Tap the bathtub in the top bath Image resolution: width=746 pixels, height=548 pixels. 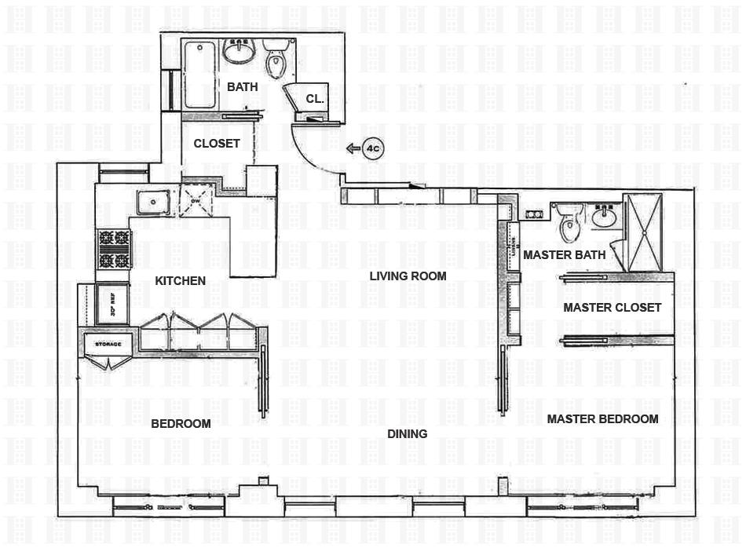200,75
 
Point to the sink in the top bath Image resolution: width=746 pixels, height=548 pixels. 239,51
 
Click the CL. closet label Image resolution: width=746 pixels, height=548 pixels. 315,99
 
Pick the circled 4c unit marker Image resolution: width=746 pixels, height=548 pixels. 372,148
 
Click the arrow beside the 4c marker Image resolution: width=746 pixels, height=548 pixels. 353,148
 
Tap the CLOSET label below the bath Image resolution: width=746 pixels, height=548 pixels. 217,143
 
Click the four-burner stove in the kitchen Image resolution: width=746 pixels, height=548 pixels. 112,248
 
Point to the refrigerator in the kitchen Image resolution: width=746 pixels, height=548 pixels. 111,303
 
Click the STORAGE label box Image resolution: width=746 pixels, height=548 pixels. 108,344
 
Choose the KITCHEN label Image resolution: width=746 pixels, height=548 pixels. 180,280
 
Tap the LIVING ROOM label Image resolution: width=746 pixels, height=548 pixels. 408,276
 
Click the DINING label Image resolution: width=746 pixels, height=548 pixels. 407,433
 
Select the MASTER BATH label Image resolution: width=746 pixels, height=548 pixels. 564,254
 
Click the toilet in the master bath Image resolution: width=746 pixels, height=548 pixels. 569,223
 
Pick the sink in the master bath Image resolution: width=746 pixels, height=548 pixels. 605,215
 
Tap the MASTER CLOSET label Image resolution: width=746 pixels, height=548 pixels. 612,307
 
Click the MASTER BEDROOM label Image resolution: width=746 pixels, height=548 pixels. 602,418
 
